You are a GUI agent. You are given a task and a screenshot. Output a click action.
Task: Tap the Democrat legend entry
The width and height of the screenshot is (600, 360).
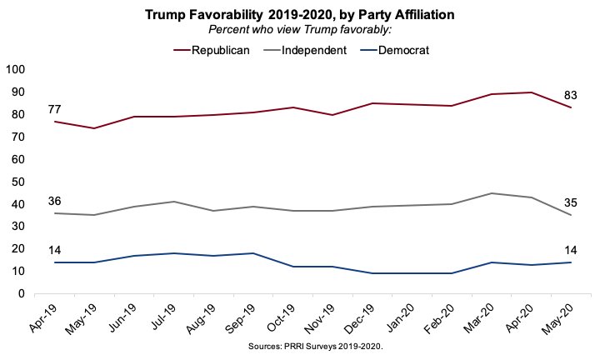[x=406, y=50]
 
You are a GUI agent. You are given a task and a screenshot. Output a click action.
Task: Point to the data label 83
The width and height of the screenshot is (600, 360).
[x=571, y=94]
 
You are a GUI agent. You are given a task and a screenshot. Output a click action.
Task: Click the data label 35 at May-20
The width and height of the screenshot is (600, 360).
[x=571, y=202]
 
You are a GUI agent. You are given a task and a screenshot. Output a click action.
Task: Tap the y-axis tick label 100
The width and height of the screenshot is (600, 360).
[x=17, y=69]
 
